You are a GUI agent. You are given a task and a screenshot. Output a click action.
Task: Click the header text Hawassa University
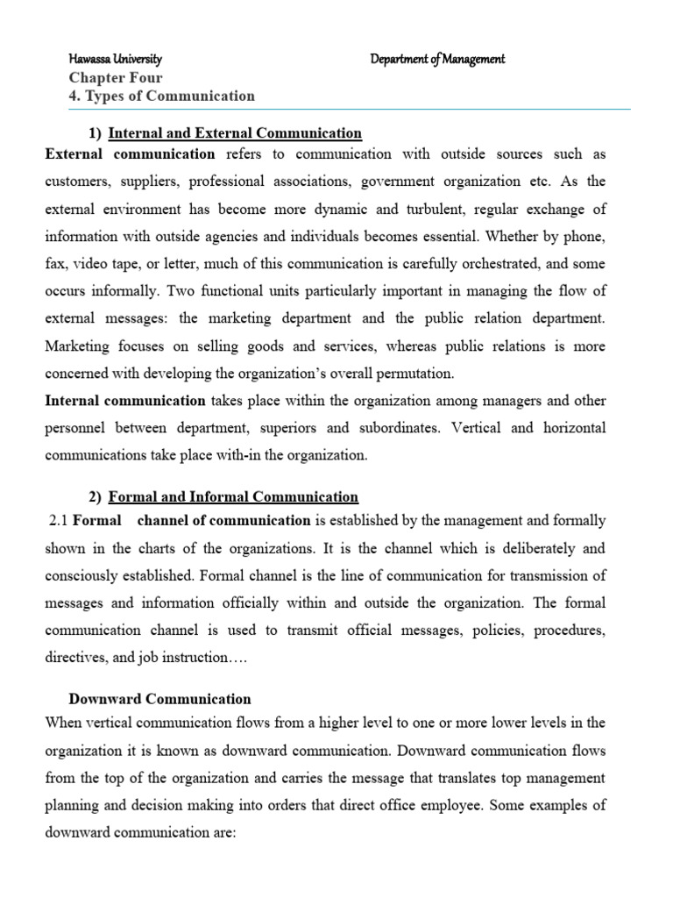(115, 60)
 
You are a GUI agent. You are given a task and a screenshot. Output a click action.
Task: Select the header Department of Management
(437, 60)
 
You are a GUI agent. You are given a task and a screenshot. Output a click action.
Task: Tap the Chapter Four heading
(115, 78)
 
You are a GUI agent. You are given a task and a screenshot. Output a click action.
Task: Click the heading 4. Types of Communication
(161, 96)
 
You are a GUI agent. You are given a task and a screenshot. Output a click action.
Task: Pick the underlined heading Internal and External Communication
(235, 133)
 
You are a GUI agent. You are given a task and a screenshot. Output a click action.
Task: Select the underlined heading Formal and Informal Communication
(233, 497)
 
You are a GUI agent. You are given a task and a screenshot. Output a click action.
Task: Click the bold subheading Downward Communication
(160, 699)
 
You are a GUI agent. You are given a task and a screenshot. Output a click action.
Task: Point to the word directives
(74, 658)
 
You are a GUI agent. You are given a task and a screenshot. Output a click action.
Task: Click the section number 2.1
(57, 521)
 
